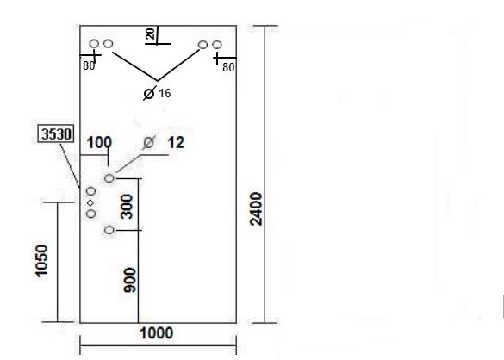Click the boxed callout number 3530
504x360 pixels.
point(56,133)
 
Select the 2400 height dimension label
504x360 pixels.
point(256,209)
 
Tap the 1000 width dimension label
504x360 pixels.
point(157,333)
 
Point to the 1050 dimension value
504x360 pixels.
point(41,261)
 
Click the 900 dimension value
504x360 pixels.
point(129,280)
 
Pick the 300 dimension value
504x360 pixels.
point(127,207)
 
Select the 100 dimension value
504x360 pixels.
point(99,143)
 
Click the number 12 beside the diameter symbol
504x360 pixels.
point(176,143)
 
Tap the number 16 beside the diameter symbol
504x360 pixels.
point(165,94)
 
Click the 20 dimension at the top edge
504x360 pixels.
point(150,34)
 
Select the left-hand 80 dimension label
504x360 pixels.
point(89,66)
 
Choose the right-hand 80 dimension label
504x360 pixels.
point(228,67)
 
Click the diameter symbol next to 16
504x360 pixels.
point(149,94)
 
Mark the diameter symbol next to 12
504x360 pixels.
point(148,142)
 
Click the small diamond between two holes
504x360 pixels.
point(90,202)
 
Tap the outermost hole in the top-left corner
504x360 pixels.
point(94,43)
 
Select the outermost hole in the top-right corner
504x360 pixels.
point(217,45)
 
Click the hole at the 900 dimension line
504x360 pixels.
point(109,230)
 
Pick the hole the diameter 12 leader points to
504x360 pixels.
point(109,178)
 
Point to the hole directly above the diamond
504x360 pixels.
point(91,191)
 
